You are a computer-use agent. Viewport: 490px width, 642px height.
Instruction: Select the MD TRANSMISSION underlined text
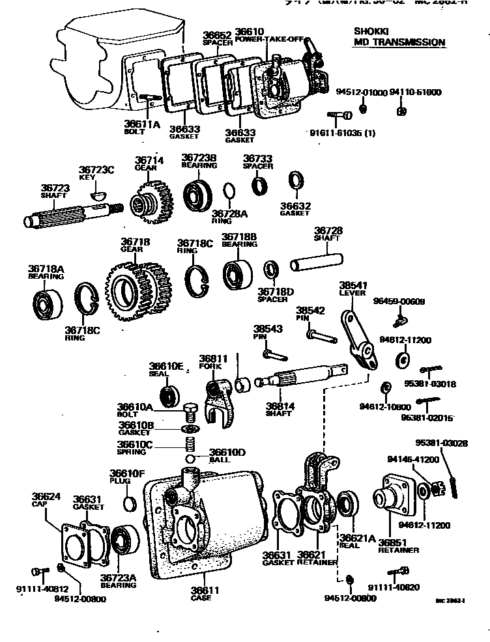[399, 42]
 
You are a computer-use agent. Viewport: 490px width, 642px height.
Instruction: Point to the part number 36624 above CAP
[46, 497]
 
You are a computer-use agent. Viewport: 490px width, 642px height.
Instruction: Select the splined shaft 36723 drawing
[72, 215]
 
